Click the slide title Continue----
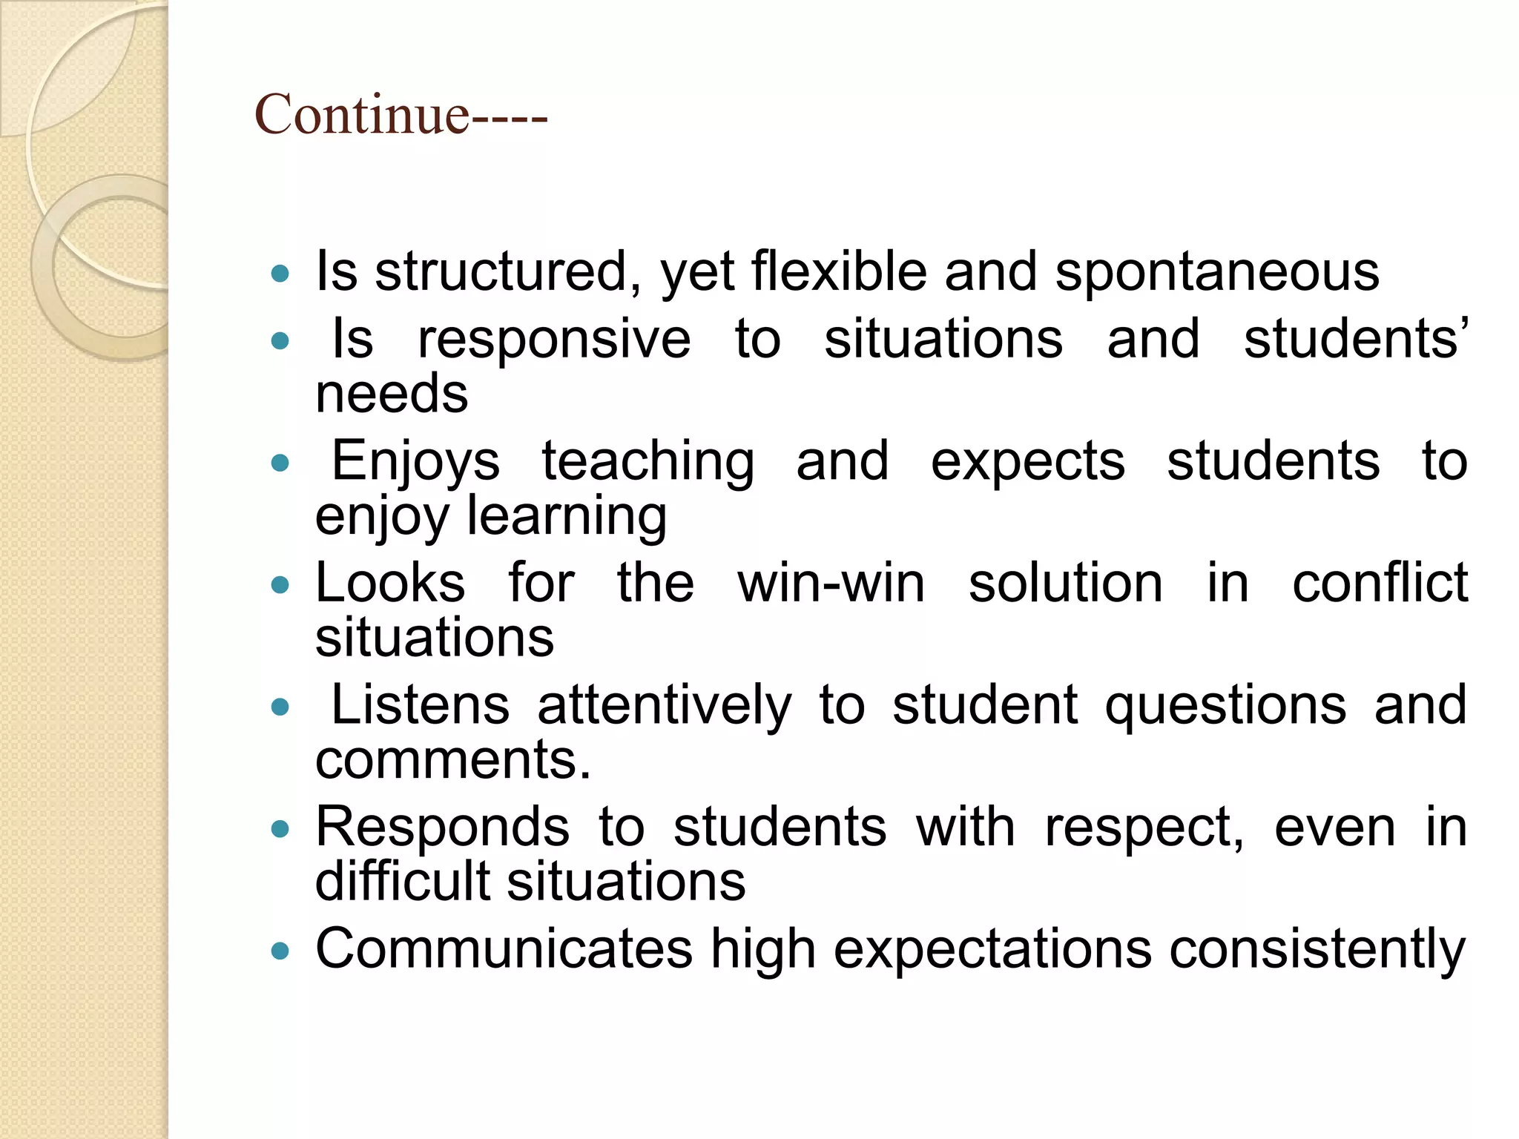coord(401,115)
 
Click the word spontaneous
coord(1217,272)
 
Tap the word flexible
coord(839,271)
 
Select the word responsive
coord(554,340)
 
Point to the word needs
coord(392,394)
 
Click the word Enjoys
coord(415,462)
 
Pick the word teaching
coord(648,462)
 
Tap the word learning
coord(567,516)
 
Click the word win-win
coord(831,584)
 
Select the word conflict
coord(1380,584)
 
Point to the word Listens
coord(420,705)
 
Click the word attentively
coord(665,705)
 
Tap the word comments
coord(453,760)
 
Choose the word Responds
coord(443,827)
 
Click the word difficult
coord(412,882)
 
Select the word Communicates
coord(504,949)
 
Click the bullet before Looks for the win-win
coord(280,585)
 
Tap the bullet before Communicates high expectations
coord(280,951)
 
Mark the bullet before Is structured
coord(280,274)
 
